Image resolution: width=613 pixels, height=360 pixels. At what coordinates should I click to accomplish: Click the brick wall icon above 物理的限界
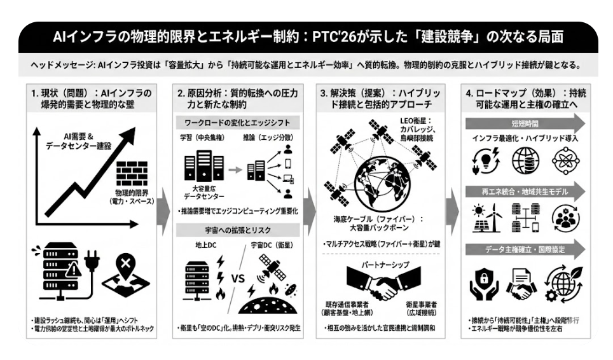(132, 172)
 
